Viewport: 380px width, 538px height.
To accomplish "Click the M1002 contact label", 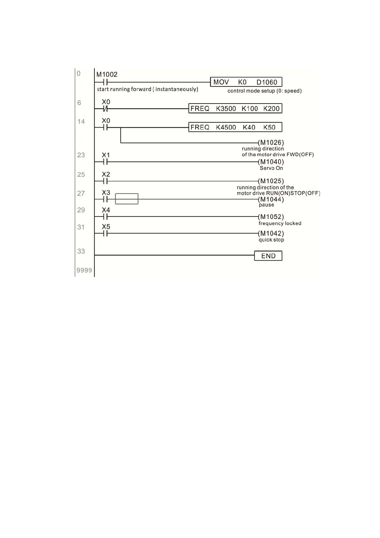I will pos(107,74).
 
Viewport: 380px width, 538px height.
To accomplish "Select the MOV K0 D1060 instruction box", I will pos(246,82).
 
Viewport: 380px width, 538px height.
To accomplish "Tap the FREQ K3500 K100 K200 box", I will pos(235,109).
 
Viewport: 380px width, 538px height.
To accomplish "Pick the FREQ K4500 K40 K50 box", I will pos(235,127).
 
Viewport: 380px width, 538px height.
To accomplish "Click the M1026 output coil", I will pos(271,142).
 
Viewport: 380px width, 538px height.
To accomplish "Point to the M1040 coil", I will pos(271,162).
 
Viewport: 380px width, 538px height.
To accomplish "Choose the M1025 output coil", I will pos(271,181).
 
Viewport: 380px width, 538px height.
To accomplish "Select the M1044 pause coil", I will pos(271,199).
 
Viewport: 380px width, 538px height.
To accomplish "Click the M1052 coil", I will pos(271,217).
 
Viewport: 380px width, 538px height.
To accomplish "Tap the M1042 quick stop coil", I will pos(271,233).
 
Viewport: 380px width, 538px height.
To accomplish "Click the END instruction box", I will pos(268,256).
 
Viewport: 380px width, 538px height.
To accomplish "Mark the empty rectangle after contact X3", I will pos(127,199).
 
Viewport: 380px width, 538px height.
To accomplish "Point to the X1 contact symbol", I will pos(106,162).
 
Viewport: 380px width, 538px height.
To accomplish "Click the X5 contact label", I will pos(106,227).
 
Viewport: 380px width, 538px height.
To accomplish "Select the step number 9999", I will pos(84,270).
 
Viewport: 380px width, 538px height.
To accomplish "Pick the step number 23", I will pos(81,155).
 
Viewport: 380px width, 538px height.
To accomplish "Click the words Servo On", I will pos(271,168).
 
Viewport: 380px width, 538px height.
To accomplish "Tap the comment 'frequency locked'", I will pos(280,223).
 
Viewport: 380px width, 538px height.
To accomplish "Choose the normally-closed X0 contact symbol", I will pos(106,109).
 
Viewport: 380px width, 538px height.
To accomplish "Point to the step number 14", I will pos(81,121).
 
